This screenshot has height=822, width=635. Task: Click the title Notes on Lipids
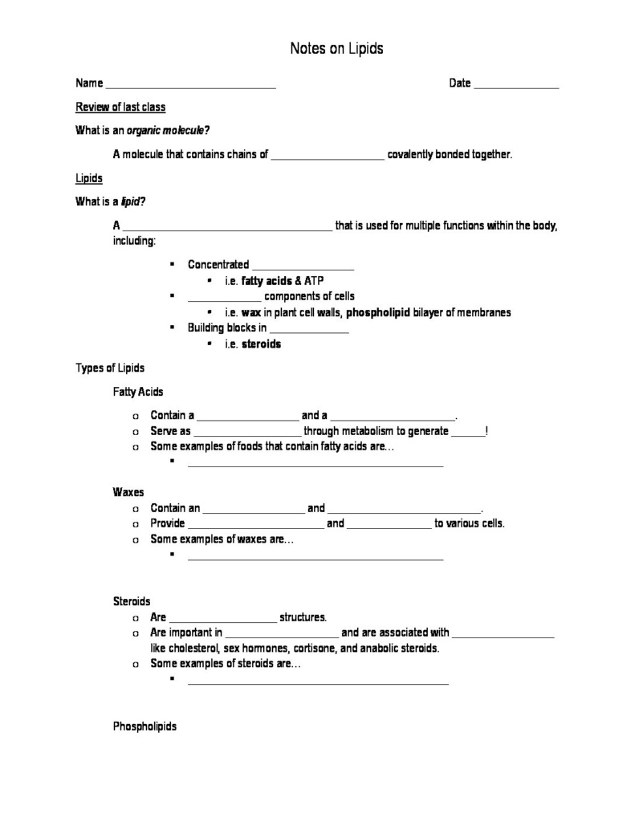tap(336, 49)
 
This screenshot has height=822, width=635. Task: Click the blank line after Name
tap(190, 84)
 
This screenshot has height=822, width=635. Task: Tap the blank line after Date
tap(516, 84)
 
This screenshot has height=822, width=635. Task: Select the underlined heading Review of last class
tap(120, 108)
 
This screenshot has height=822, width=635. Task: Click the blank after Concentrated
tap(303, 266)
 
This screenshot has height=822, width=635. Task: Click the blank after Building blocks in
tap(309, 328)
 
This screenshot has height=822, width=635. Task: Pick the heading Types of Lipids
tap(110, 368)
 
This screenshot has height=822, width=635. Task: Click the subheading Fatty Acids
tap(138, 392)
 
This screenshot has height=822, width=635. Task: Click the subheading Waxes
tap(128, 492)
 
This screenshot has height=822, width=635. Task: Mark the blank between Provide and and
tap(255, 524)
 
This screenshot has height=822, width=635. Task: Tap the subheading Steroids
tap(132, 601)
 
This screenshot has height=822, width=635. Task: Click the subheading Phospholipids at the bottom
tap(145, 726)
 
